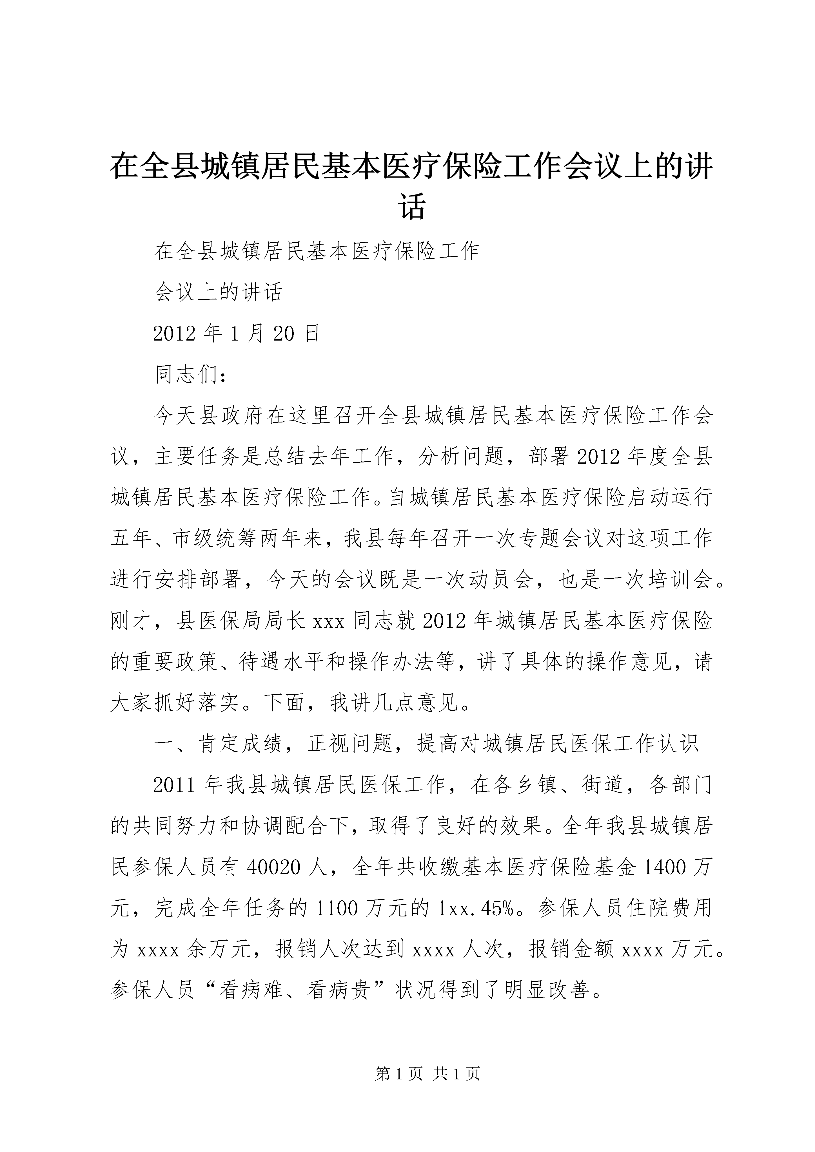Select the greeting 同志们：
(191, 375)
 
